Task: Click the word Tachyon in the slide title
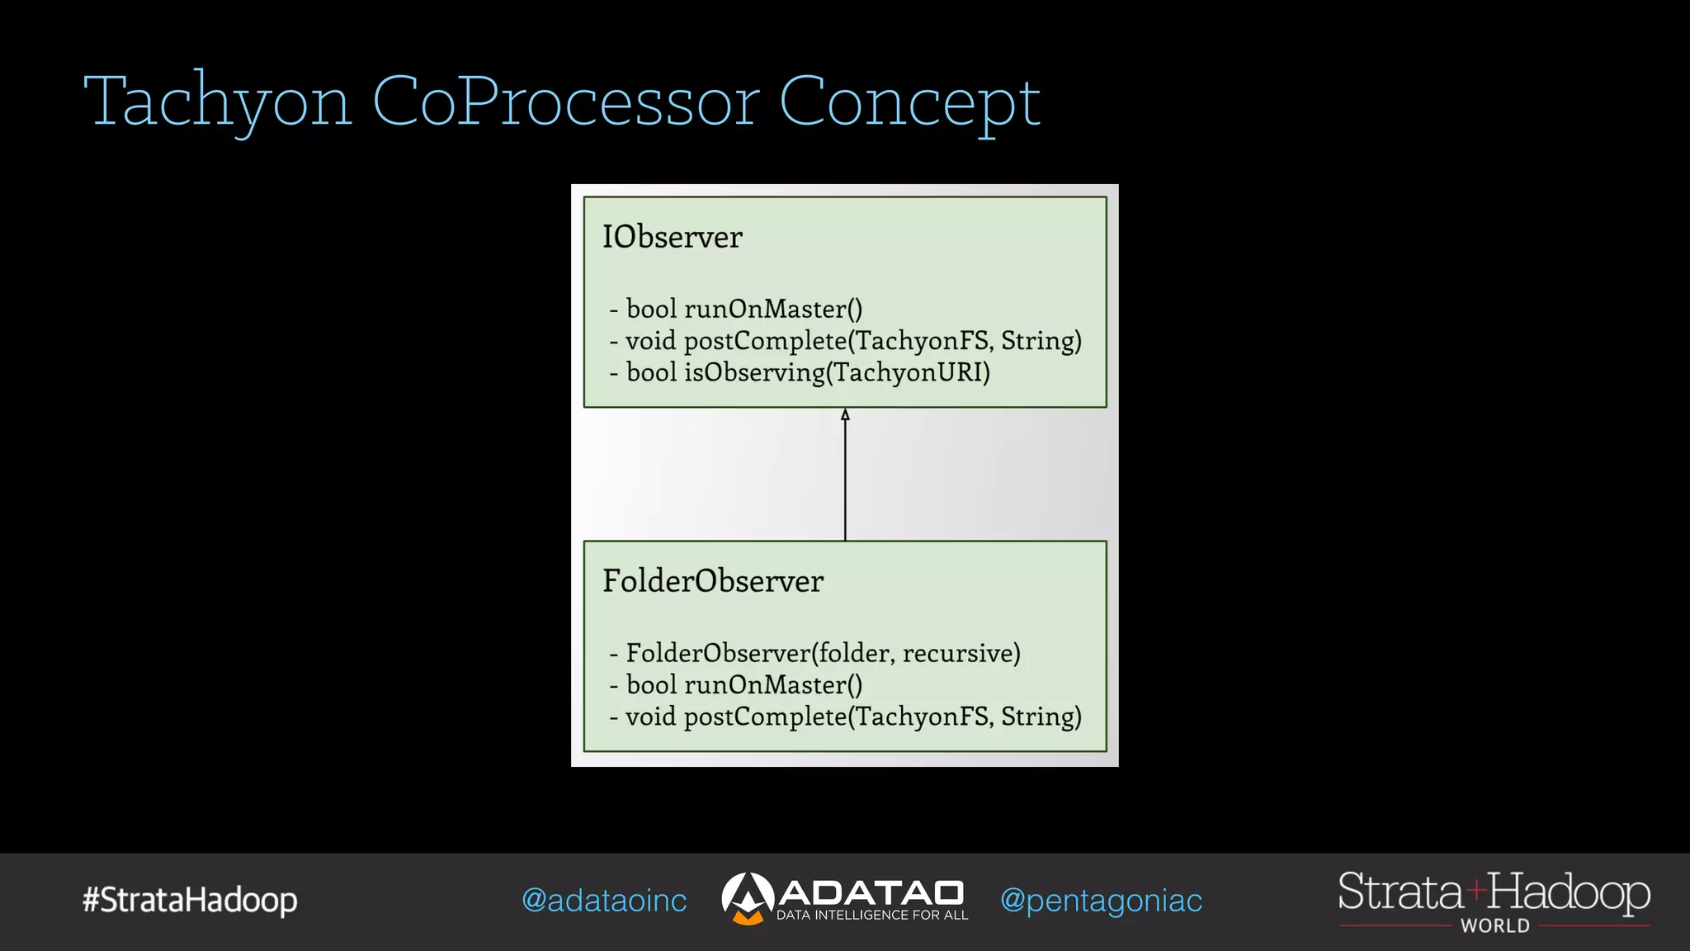point(218,102)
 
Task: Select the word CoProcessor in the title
point(565,102)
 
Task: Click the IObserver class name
point(672,237)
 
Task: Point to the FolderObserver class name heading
point(713,581)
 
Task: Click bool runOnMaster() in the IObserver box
point(736,309)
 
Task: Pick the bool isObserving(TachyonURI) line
point(800,372)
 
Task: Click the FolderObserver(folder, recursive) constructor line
point(815,653)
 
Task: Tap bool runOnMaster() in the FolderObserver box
point(736,684)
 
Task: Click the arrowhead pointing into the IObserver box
point(845,414)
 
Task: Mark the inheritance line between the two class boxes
point(845,479)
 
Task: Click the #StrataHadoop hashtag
point(190,900)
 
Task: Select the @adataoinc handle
point(604,901)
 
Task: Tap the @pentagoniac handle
point(1101,901)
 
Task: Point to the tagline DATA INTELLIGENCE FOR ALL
point(872,915)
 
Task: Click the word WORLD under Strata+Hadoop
point(1495,926)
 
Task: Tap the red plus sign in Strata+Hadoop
point(1476,890)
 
